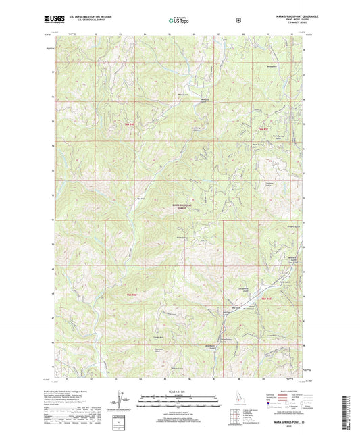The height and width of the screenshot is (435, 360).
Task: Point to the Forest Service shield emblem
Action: (238, 21)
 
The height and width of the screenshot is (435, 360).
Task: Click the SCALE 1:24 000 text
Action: (179, 393)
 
